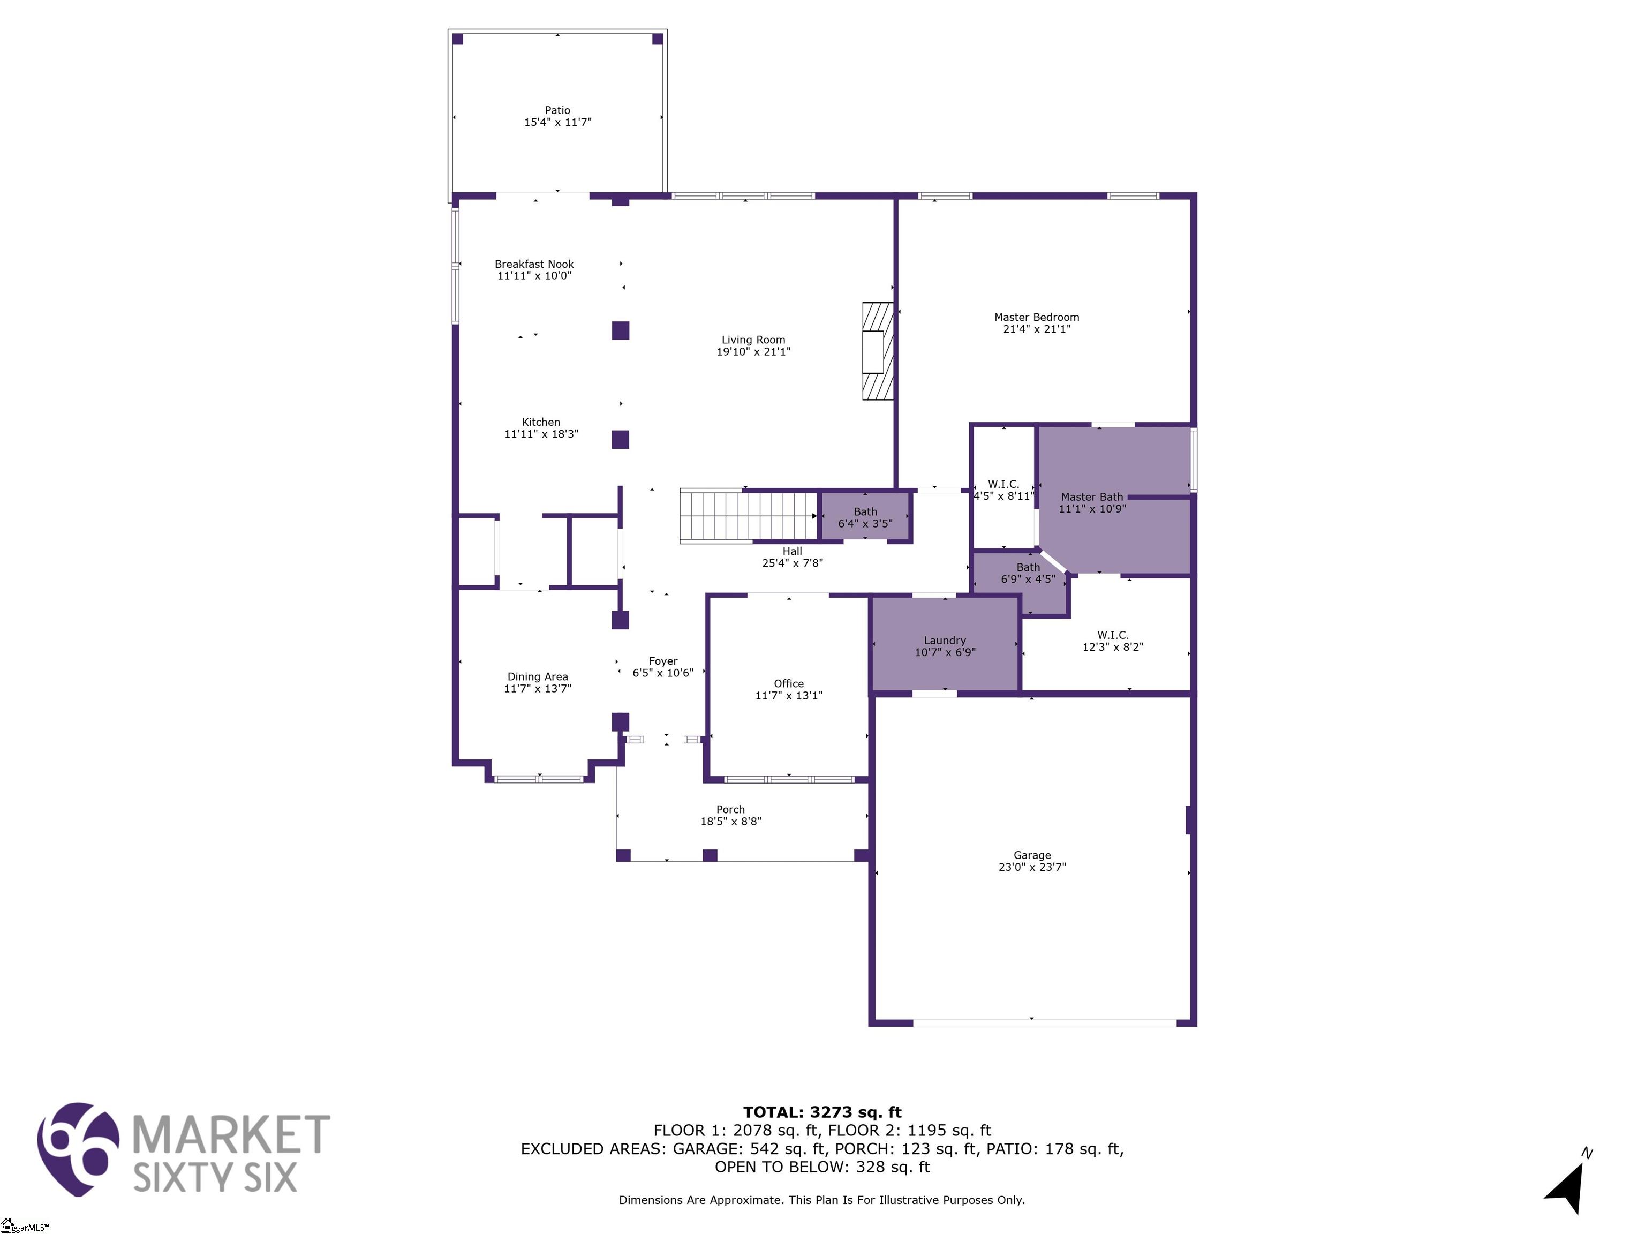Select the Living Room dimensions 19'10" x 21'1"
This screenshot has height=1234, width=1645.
(753, 352)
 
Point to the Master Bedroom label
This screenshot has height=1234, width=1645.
(1037, 317)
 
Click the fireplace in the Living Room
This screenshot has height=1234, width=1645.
(878, 351)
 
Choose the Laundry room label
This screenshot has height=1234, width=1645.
(945, 641)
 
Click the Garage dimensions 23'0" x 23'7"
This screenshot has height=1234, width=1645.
(1032, 867)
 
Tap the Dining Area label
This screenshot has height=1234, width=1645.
(538, 677)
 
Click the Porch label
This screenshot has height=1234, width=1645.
(730, 809)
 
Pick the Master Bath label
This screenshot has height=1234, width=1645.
(1092, 497)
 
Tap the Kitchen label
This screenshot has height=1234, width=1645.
(541, 422)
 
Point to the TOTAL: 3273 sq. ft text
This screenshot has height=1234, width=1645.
(822, 1112)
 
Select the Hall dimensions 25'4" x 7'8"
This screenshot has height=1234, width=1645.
(792, 563)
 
